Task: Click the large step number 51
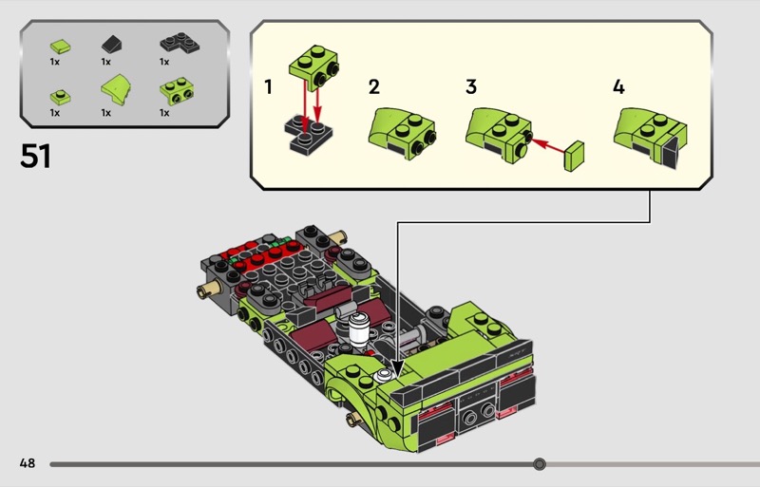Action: point(35,156)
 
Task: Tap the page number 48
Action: point(27,463)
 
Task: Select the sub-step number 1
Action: point(269,87)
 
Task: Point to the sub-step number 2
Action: point(374,87)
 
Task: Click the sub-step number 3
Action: point(471,87)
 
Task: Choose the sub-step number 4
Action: point(618,87)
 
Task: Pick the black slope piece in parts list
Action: point(111,43)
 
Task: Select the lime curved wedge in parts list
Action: point(114,92)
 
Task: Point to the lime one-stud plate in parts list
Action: point(59,95)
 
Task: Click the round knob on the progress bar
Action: point(540,464)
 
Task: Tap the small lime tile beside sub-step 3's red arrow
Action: point(575,155)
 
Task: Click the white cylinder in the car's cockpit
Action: point(361,329)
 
